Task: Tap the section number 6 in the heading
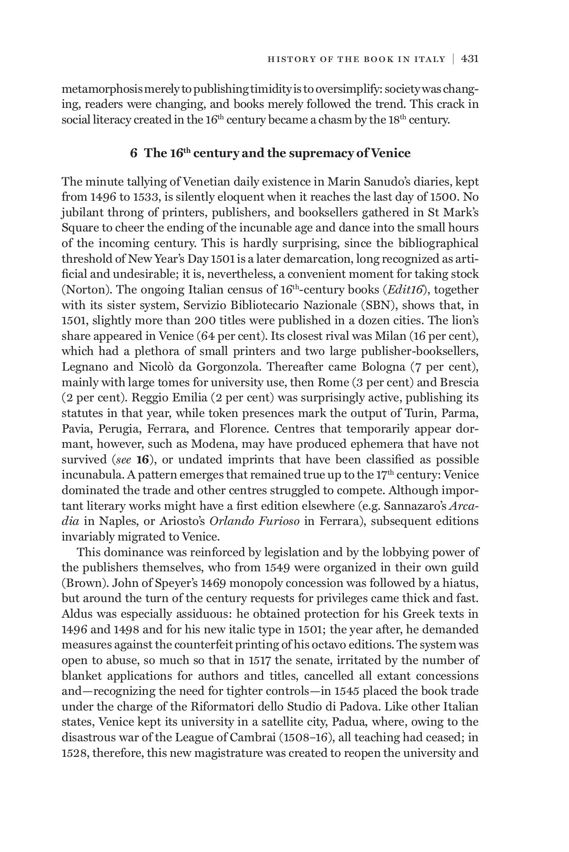tap(134, 153)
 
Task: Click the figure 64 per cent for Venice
tap(239, 336)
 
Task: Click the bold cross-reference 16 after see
tap(143, 460)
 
